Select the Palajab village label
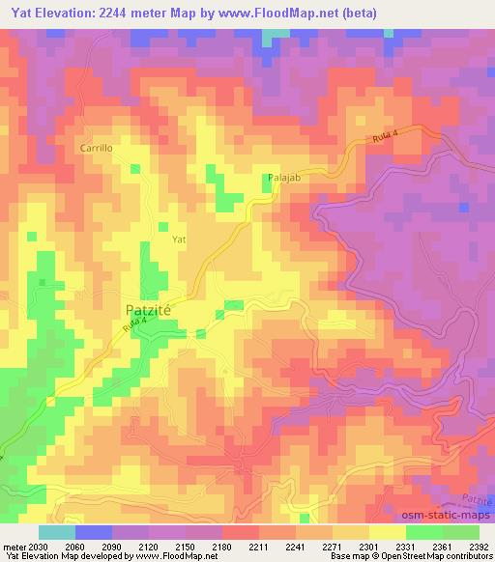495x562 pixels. pos(282,179)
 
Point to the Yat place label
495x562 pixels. pos(178,238)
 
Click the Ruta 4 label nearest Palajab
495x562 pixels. pos(384,141)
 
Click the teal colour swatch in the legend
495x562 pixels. pos(56,532)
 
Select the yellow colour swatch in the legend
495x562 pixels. pos(387,532)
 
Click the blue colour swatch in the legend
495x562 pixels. pos(93,532)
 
